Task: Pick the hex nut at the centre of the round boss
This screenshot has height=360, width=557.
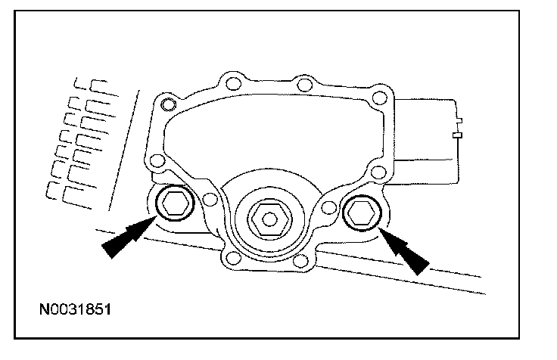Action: tap(268, 220)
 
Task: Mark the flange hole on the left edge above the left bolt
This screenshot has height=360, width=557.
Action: tap(157, 160)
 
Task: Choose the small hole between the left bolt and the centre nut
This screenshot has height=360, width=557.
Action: tap(210, 200)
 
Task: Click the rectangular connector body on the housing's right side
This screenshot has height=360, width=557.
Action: tap(428, 137)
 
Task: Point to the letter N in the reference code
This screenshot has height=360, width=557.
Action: tap(46, 309)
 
